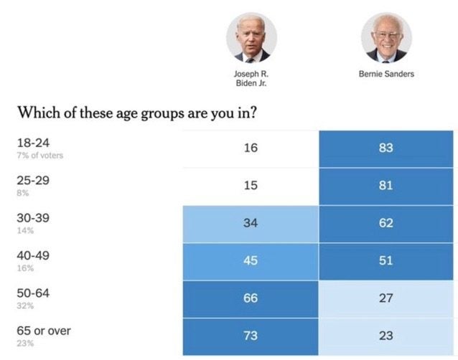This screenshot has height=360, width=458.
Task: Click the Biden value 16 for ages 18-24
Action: click(x=251, y=149)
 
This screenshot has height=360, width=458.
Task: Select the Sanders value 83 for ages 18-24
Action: click(x=386, y=149)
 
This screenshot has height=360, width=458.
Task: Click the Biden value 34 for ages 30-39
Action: click(x=251, y=223)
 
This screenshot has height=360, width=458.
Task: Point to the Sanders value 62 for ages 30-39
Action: click(x=386, y=223)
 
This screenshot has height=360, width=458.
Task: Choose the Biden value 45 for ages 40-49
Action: click(x=251, y=260)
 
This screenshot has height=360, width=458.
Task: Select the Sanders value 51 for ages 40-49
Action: click(x=386, y=260)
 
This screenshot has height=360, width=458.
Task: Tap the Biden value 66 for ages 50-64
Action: click(x=251, y=298)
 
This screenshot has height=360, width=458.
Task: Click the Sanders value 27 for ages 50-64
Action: click(x=386, y=298)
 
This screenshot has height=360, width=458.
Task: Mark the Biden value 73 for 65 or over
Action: click(x=251, y=335)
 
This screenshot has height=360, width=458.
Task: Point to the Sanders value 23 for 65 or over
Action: click(x=386, y=335)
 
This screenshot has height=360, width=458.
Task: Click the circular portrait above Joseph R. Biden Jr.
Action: click(x=251, y=37)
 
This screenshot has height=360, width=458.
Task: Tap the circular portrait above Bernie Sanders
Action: click(x=386, y=37)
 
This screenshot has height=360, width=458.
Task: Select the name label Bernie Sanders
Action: click(x=386, y=74)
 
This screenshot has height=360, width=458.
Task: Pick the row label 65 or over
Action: click(x=44, y=331)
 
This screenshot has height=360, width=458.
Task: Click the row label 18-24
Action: click(x=32, y=143)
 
